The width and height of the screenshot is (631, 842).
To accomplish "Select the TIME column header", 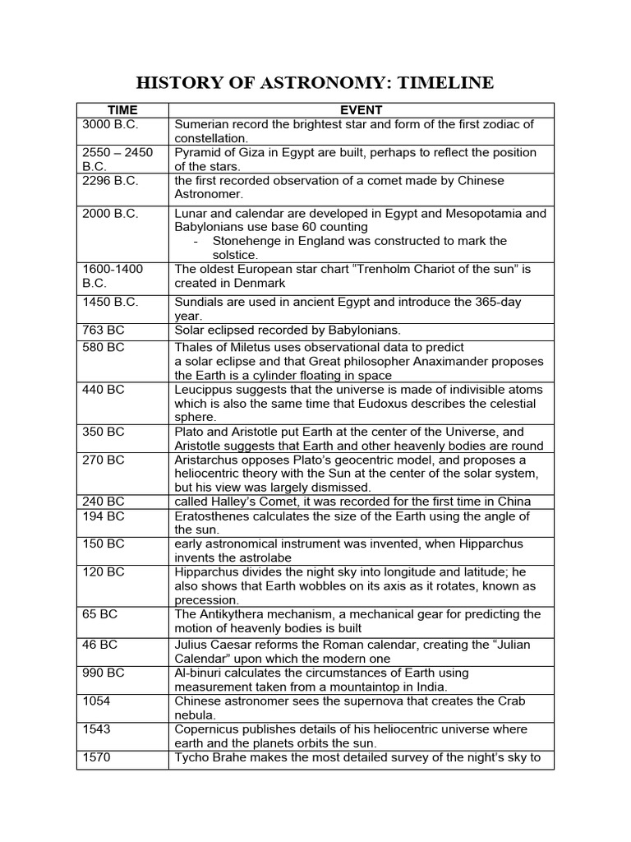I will [x=122, y=110].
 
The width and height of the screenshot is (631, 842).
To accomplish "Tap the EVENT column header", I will [x=361, y=110].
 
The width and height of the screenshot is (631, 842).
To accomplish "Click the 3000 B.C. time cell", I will [x=111, y=124].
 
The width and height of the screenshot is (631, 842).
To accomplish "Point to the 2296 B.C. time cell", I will [x=111, y=180].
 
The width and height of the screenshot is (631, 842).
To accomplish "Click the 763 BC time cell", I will [x=104, y=330].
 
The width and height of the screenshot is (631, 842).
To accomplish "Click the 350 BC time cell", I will [x=104, y=432].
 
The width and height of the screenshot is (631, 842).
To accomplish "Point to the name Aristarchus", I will [x=209, y=460].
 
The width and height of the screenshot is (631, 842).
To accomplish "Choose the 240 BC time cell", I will [x=104, y=502].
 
